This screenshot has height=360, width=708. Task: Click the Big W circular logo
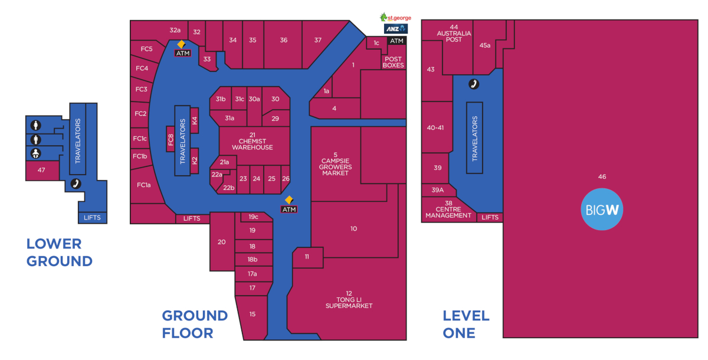[x=602, y=210]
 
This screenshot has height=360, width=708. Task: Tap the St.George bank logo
[x=395, y=17]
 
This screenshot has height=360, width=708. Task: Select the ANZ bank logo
[x=396, y=29]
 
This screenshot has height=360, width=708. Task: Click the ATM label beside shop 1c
[x=396, y=41]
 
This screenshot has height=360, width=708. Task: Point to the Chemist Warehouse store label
[x=253, y=141]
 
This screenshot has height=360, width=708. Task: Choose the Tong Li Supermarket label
[x=349, y=300]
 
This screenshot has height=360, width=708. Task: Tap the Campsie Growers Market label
[x=335, y=164]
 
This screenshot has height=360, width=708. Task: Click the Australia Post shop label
[x=454, y=33]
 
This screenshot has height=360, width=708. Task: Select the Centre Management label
[x=448, y=210]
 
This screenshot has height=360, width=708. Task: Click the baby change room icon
[x=36, y=153]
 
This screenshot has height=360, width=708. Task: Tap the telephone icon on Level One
[x=473, y=84]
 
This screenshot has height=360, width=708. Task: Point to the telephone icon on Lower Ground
[x=76, y=184]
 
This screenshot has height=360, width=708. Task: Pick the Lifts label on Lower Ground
[x=92, y=218]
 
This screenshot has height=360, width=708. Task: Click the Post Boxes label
[x=393, y=63]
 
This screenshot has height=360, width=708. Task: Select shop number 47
[x=41, y=170]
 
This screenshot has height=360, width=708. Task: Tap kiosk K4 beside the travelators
[x=194, y=120]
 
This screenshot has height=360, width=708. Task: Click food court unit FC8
[x=171, y=139]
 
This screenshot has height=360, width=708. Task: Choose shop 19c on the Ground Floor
[x=253, y=217]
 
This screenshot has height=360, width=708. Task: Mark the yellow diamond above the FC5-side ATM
[x=181, y=44]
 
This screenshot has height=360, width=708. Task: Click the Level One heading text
[x=466, y=324]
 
